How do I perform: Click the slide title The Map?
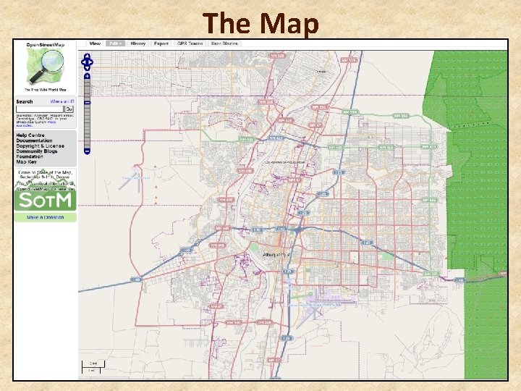click(260, 23)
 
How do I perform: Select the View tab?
click(94, 43)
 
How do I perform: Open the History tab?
click(138, 43)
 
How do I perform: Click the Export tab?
click(161, 43)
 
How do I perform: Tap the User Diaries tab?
click(224, 43)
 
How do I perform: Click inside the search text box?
click(39, 109)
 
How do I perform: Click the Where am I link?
click(62, 102)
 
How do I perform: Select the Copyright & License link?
click(40, 146)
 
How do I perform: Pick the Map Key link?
click(26, 161)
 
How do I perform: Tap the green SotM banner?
click(45, 201)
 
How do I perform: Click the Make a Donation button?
click(45, 217)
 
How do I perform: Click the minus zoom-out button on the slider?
click(87, 151)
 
